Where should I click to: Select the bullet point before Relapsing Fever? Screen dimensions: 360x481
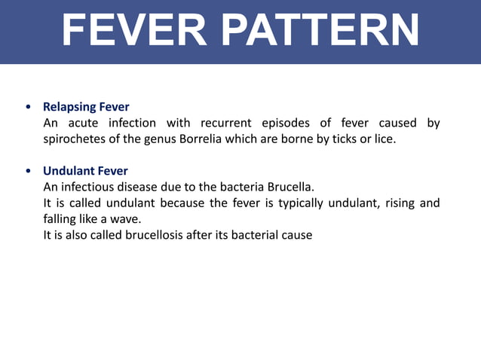tap(28, 107)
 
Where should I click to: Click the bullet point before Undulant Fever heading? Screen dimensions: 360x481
tap(28, 171)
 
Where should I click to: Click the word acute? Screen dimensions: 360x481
tap(80, 123)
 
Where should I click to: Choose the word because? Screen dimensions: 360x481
tap(174, 203)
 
